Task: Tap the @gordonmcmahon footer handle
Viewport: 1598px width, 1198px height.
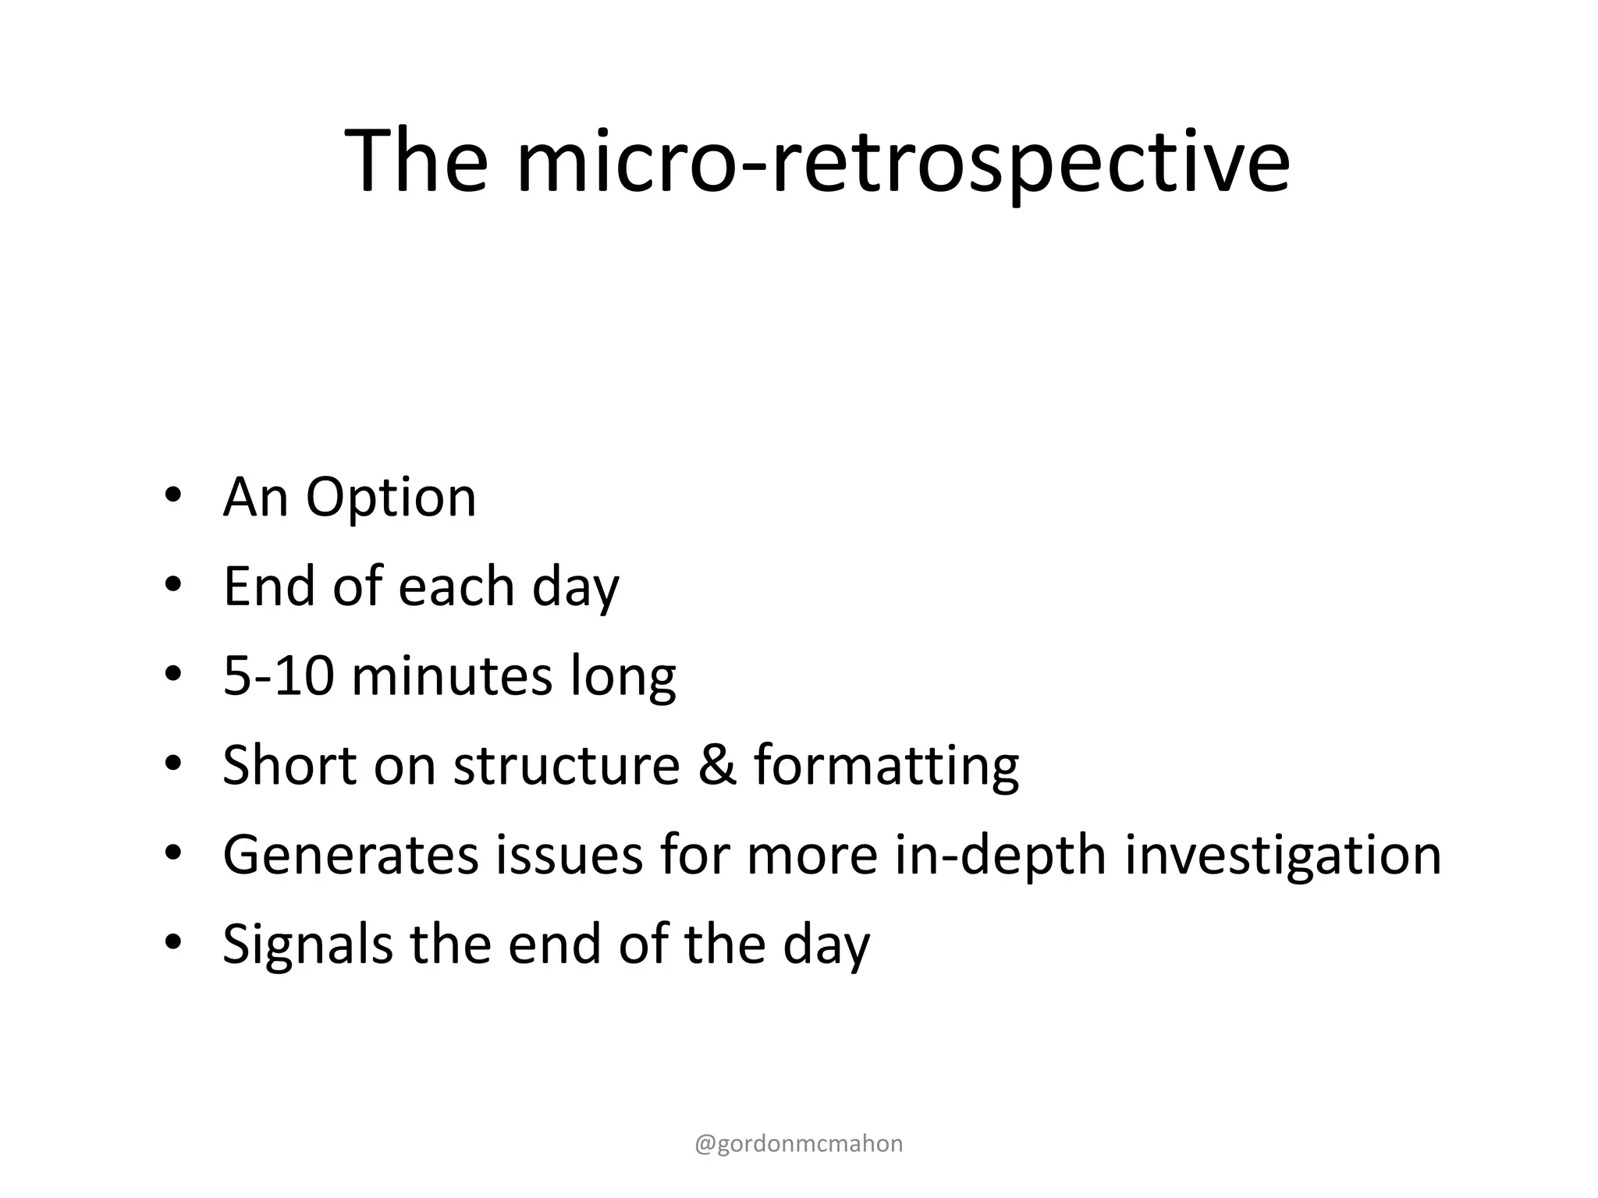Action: coord(798,1143)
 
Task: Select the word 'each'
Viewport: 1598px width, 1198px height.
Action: coord(456,587)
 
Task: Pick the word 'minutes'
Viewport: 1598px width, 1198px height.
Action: coord(451,675)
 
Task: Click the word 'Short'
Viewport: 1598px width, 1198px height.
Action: coord(289,764)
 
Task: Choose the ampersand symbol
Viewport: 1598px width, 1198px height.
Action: coord(716,765)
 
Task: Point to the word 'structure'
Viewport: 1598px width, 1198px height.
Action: coord(566,765)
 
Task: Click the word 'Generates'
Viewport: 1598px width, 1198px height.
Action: coord(350,855)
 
